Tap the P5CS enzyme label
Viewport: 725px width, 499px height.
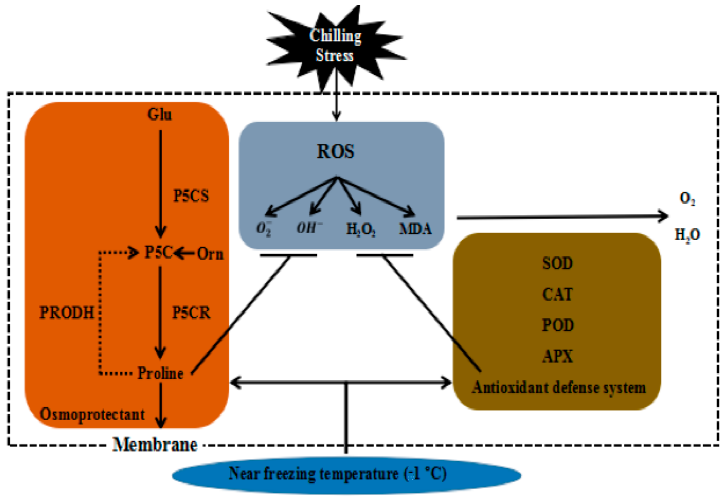pos(191,196)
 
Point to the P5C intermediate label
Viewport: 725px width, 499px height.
pos(158,252)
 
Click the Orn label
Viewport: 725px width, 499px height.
pos(210,254)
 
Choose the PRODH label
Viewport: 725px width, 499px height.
pos(67,312)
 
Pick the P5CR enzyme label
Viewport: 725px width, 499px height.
pos(191,312)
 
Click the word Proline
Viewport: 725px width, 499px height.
pos(160,373)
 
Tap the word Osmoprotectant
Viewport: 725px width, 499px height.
pos(92,415)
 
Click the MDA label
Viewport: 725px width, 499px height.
pos(416,229)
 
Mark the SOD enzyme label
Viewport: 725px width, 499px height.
pos(557,263)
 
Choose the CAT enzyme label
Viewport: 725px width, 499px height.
pos(557,294)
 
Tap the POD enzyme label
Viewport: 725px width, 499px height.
pos(557,325)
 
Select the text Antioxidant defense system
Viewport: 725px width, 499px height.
pos(559,388)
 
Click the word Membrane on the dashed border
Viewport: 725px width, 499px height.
pos(155,445)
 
